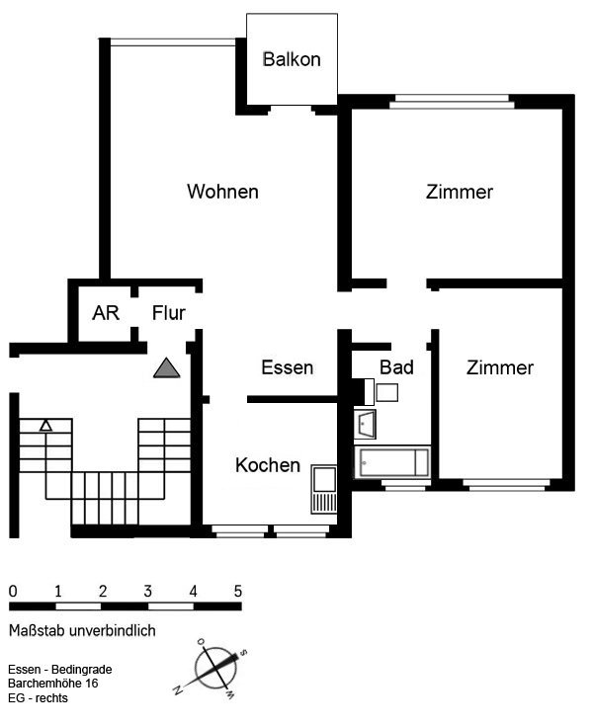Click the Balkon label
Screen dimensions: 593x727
(292, 59)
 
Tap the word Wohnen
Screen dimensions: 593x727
(222, 192)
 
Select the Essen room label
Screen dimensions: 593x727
(288, 367)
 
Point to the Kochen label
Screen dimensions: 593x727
(268, 465)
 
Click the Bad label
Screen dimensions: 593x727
(396, 367)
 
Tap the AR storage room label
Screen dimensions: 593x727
(106, 313)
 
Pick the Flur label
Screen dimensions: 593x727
(169, 313)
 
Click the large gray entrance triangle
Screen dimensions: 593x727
(167, 367)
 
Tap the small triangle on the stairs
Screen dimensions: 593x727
(45, 426)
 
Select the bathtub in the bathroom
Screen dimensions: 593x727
(392, 462)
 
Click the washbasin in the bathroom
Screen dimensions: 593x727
(365, 424)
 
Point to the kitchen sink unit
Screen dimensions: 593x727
(324, 489)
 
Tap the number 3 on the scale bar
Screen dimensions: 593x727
(147, 591)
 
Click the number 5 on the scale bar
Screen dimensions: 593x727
(238, 591)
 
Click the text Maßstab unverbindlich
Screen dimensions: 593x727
(82, 630)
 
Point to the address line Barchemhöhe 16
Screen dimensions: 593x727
(53, 684)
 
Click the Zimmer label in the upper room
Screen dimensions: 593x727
(460, 192)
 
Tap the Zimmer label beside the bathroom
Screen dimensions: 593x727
(500, 367)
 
